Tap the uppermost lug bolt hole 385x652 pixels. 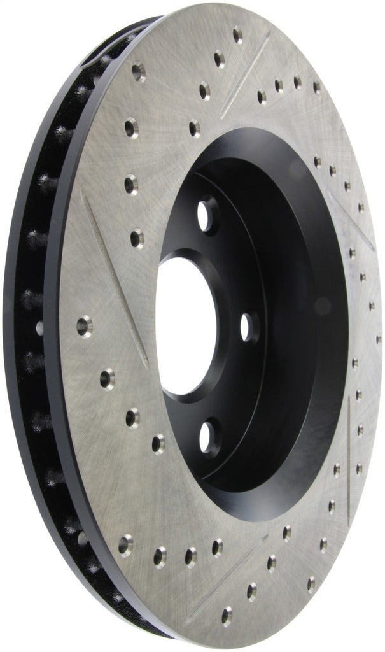(206, 215)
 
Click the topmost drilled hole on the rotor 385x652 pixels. (237, 34)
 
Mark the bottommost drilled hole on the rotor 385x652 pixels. (227, 616)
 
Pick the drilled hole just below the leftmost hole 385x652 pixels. (107, 378)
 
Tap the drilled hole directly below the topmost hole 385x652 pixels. (219, 60)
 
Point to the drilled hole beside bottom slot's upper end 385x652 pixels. (272, 562)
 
